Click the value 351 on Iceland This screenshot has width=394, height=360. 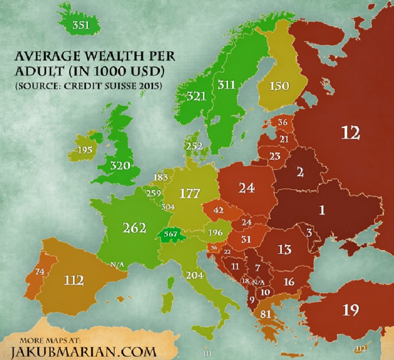[82, 25]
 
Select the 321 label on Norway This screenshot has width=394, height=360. [196, 95]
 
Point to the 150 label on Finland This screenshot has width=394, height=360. [279, 86]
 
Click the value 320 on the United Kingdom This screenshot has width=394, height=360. [120, 166]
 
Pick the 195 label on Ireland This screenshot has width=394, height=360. [84, 150]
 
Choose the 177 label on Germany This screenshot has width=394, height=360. [189, 193]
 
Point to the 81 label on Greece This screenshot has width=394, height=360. [266, 314]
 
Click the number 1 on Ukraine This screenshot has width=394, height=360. [322, 210]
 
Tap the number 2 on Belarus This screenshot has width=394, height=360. [300, 172]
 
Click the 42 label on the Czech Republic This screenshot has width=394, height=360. [219, 210]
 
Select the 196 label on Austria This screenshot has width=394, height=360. [216, 232]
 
